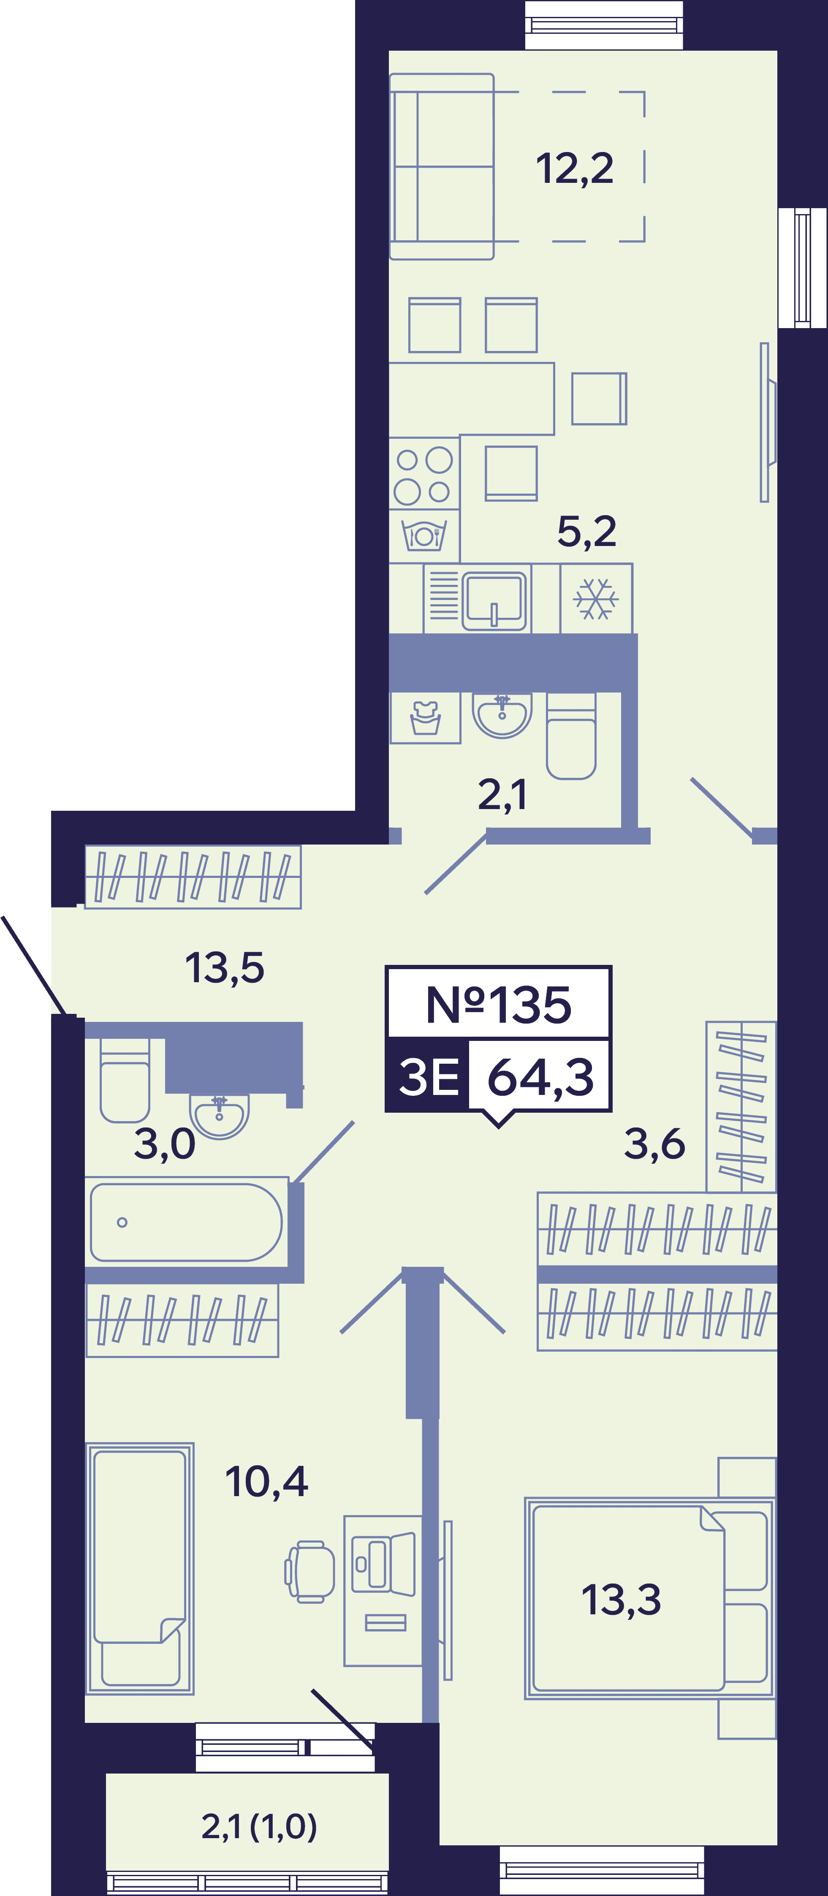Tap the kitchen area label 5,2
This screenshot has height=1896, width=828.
click(x=586, y=531)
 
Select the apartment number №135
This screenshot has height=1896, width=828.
click(x=498, y=1005)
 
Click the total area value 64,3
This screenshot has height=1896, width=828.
click(x=540, y=1077)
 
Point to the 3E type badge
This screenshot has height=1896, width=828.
click(x=428, y=1076)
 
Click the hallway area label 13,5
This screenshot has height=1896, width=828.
click(x=225, y=968)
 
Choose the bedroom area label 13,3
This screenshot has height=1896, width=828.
click(x=621, y=1600)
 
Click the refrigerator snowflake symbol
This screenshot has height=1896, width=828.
click(x=595, y=598)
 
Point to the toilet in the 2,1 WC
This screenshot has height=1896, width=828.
click(x=571, y=736)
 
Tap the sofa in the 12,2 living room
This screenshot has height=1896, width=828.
click(x=442, y=166)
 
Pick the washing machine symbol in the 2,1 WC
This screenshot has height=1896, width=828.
click(x=426, y=717)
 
